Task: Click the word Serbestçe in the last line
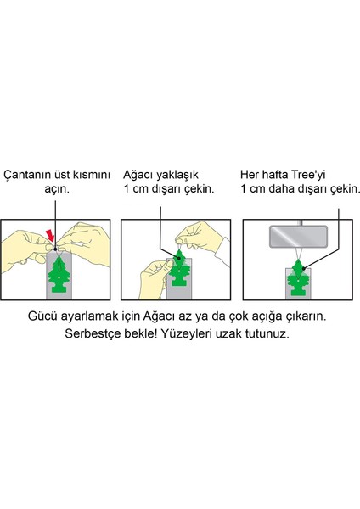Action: (93, 356)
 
